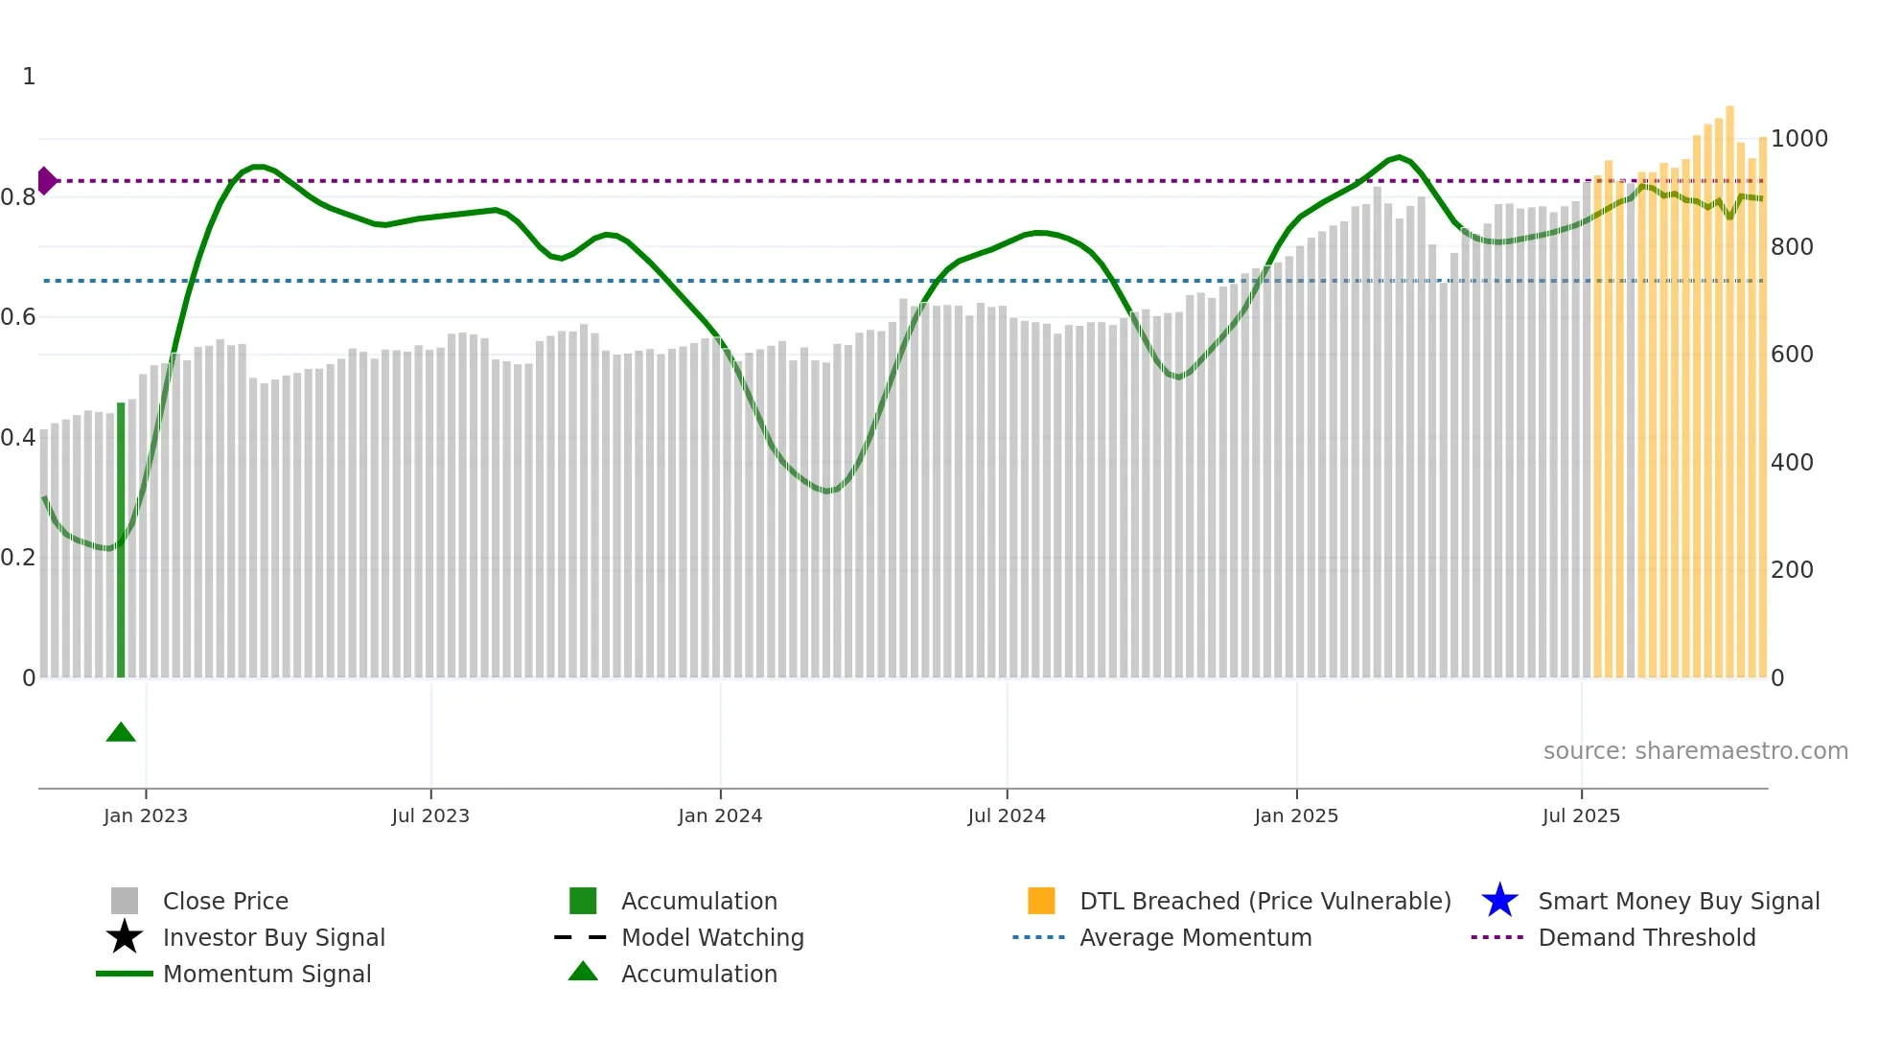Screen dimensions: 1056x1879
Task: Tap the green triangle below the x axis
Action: tap(121, 733)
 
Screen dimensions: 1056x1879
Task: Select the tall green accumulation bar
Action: tap(121, 541)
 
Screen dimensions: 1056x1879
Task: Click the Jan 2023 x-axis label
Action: tap(146, 816)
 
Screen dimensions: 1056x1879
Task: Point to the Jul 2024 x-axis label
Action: tap(1007, 816)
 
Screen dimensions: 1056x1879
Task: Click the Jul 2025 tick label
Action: tap(1581, 816)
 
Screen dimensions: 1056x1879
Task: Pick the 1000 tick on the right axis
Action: tap(1798, 139)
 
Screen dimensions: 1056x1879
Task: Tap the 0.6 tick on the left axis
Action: tap(18, 317)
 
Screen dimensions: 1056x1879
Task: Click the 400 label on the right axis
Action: tap(1792, 463)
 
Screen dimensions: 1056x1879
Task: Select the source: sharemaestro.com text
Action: tap(1695, 751)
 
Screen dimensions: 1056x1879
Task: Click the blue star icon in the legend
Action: tap(1499, 901)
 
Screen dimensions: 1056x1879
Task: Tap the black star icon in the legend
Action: tap(125, 937)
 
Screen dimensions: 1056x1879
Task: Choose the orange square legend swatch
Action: tap(1041, 901)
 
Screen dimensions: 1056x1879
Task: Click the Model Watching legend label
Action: tap(712, 937)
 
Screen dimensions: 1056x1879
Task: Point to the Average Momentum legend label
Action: tap(1195, 937)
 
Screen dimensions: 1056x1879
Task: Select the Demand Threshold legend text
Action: tap(1646, 937)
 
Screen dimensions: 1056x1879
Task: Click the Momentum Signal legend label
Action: tap(267, 974)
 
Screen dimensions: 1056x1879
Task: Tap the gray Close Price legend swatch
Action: tap(125, 901)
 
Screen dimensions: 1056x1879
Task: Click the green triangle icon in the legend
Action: tap(583, 972)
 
